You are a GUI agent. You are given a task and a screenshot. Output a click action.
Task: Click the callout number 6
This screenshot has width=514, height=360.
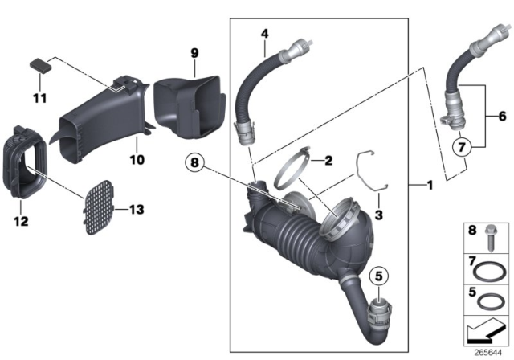click(x=502, y=117)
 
